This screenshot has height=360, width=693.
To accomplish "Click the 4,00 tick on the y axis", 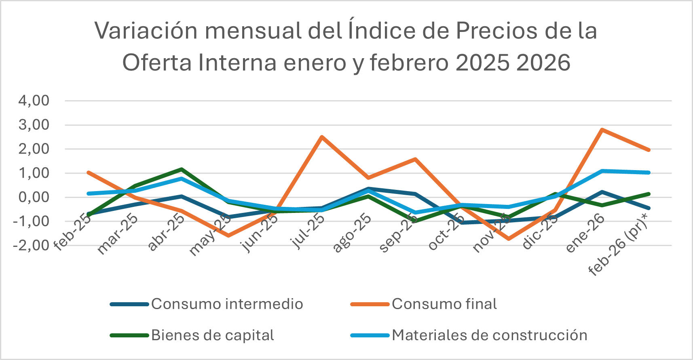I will click(34, 101).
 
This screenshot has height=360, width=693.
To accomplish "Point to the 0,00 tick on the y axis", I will click(34, 197).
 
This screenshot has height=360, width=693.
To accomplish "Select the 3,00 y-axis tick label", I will click(34, 125).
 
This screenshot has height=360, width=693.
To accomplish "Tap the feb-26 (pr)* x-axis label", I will click(618, 245).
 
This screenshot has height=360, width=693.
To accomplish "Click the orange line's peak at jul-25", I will click(321, 137).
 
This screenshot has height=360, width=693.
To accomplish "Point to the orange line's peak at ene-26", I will click(602, 130).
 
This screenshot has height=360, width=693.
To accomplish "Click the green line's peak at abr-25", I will click(182, 169).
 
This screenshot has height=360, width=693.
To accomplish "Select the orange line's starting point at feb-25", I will click(88, 173).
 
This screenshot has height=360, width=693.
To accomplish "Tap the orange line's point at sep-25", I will click(415, 159).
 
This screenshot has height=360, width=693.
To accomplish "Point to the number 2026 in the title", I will click(543, 63).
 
